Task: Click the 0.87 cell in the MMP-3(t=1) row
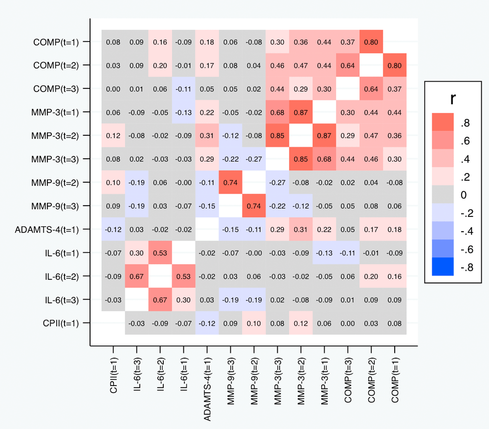[301, 112]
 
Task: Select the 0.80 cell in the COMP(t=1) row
[371, 42]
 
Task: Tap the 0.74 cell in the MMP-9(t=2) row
[230, 182]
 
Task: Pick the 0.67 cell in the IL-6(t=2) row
[136, 276]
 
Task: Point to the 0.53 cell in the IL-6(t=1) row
[160, 253]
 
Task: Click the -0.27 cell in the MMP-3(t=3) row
[254, 159]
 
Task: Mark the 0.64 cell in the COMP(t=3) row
[371, 88]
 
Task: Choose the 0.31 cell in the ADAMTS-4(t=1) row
[301, 229]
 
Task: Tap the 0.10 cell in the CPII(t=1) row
[254, 323]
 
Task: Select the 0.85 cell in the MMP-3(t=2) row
[277, 135]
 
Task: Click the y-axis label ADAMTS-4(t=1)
[46, 229]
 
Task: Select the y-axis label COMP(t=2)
[55, 65]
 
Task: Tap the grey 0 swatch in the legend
[443, 194]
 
